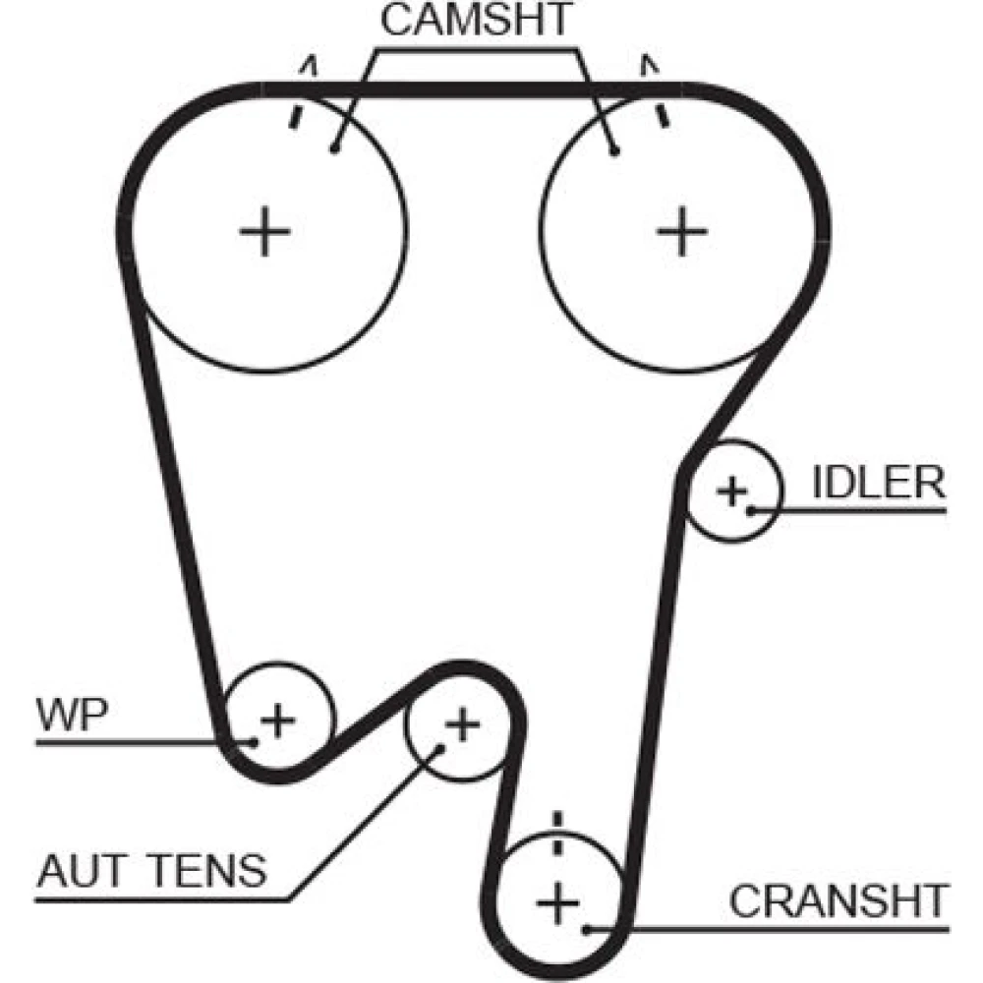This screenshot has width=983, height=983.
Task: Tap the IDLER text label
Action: click(879, 483)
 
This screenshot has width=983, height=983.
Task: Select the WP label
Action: click(69, 716)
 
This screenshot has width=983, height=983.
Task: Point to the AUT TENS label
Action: click(151, 870)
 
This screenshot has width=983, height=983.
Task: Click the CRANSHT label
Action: click(838, 900)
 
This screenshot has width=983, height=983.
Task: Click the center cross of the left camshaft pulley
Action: click(264, 233)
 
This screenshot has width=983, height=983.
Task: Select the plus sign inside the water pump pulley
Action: click(278, 721)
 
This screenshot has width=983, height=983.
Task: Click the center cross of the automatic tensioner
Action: click(461, 726)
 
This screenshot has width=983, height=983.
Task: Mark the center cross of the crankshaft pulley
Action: click(557, 902)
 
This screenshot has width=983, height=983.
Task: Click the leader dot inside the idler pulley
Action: click(750, 510)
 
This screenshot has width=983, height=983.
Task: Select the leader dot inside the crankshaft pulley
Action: click(587, 927)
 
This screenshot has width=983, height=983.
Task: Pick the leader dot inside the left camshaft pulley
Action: click(334, 150)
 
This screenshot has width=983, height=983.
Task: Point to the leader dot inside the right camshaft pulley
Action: click(615, 150)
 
